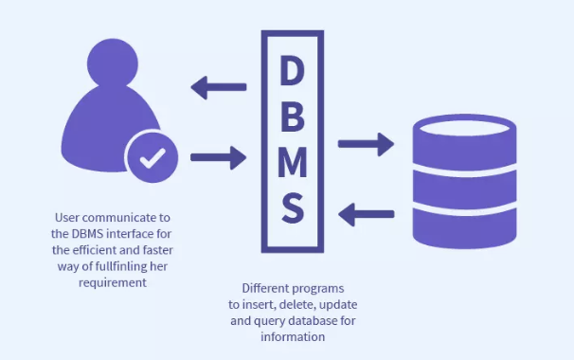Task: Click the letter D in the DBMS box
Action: click(293, 72)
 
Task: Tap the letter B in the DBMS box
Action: click(293, 117)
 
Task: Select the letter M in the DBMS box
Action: click(293, 162)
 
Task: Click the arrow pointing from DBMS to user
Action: click(219, 89)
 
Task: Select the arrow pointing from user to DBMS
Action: click(219, 155)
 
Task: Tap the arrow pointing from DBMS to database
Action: click(366, 144)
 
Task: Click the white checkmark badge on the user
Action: click(150, 158)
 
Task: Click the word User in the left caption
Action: click(69, 216)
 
